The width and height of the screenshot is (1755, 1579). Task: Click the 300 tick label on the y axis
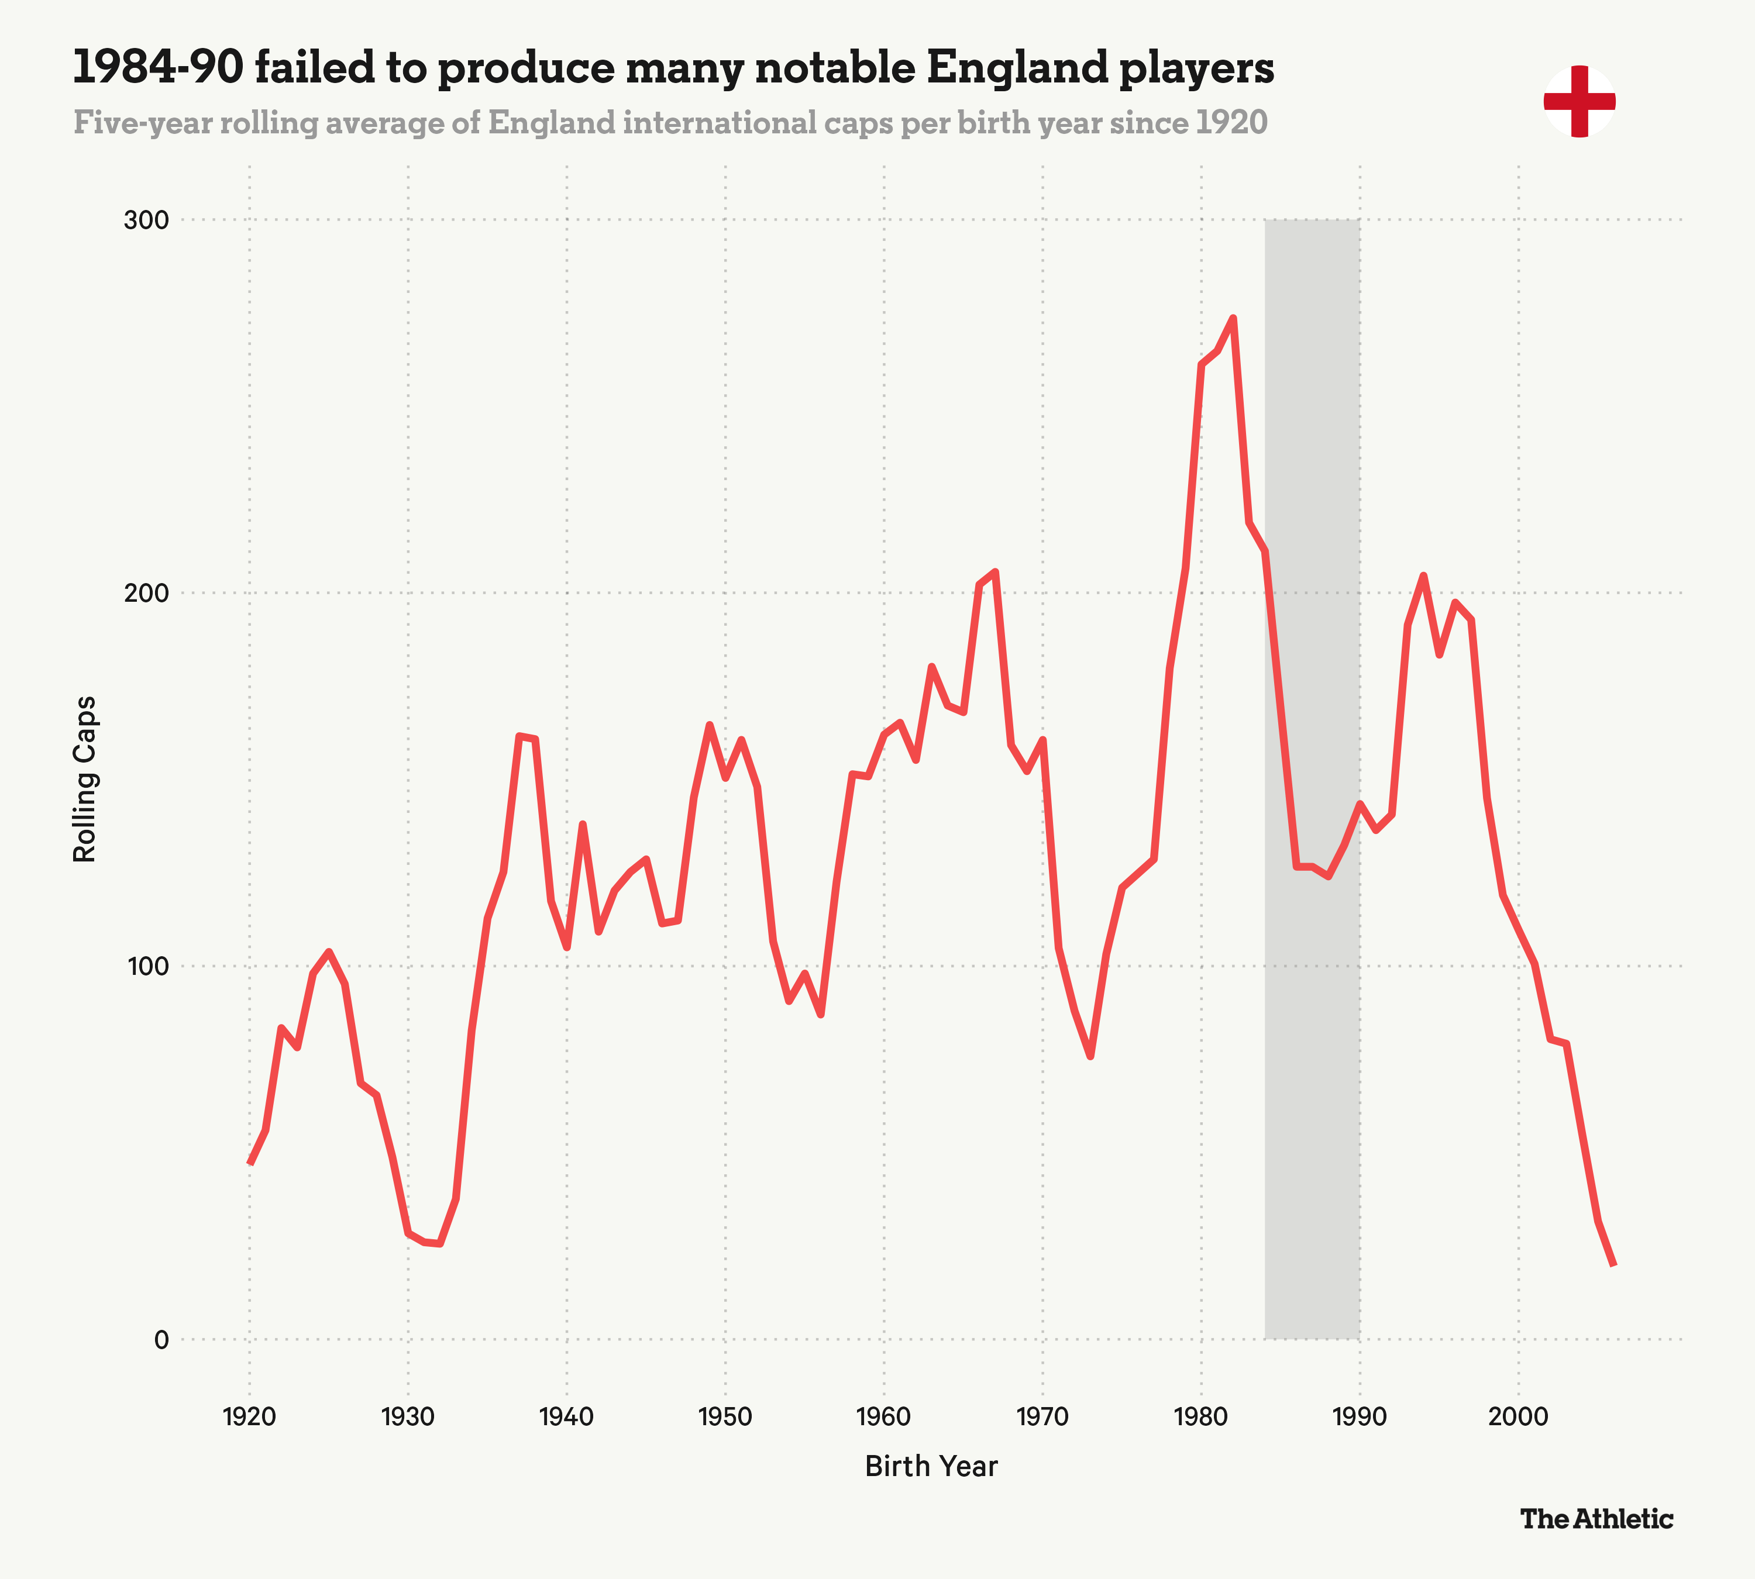(x=146, y=220)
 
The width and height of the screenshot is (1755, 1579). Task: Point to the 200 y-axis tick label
(x=146, y=594)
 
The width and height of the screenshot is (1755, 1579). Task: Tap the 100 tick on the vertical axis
(x=146, y=967)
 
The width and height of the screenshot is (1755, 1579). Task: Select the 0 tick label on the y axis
(x=160, y=1340)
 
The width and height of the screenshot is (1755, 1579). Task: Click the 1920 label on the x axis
(x=249, y=1418)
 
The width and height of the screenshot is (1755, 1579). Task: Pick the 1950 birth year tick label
(x=725, y=1418)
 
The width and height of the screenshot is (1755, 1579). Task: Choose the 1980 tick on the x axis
(x=1201, y=1418)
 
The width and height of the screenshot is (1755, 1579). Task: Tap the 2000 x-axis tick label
(x=1518, y=1418)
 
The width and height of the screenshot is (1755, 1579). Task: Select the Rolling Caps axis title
(x=84, y=779)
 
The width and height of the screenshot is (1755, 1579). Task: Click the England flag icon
(x=1579, y=102)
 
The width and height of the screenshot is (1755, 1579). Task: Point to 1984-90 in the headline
(x=156, y=68)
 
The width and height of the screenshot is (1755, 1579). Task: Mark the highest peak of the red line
(x=1233, y=318)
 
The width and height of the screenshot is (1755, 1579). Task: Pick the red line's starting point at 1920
(x=250, y=1163)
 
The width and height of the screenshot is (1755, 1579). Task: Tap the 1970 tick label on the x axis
(x=1042, y=1418)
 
